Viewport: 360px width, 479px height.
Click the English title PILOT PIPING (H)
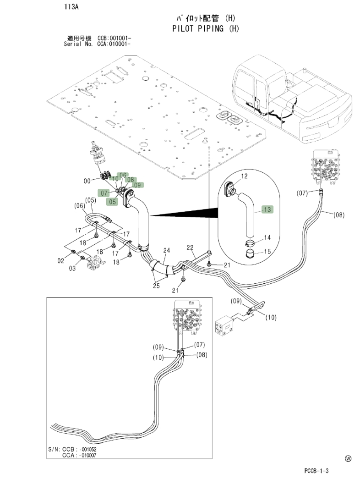[206, 28]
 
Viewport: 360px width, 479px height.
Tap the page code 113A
[71, 7]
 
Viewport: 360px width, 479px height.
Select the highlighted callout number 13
[267, 209]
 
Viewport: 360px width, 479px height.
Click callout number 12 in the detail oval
[244, 176]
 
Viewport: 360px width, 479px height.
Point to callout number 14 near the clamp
[267, 237]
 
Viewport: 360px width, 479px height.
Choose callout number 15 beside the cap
[267, 251]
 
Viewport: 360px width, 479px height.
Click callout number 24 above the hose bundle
[166, 250]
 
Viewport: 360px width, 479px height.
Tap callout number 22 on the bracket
[190, 247]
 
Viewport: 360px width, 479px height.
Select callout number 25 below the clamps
[156, 286]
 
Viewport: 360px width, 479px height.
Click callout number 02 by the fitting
[61, 260]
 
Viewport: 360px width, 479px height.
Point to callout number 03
[72, 268]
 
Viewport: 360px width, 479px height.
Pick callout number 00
[87, 181]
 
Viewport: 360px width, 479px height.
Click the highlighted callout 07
[104, 193]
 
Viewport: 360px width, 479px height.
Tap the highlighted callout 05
[112, 202]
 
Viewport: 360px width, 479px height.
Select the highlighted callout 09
[138, 185]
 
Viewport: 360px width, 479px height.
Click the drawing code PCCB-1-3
[316, 471]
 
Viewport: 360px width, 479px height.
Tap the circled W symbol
[348, 458]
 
